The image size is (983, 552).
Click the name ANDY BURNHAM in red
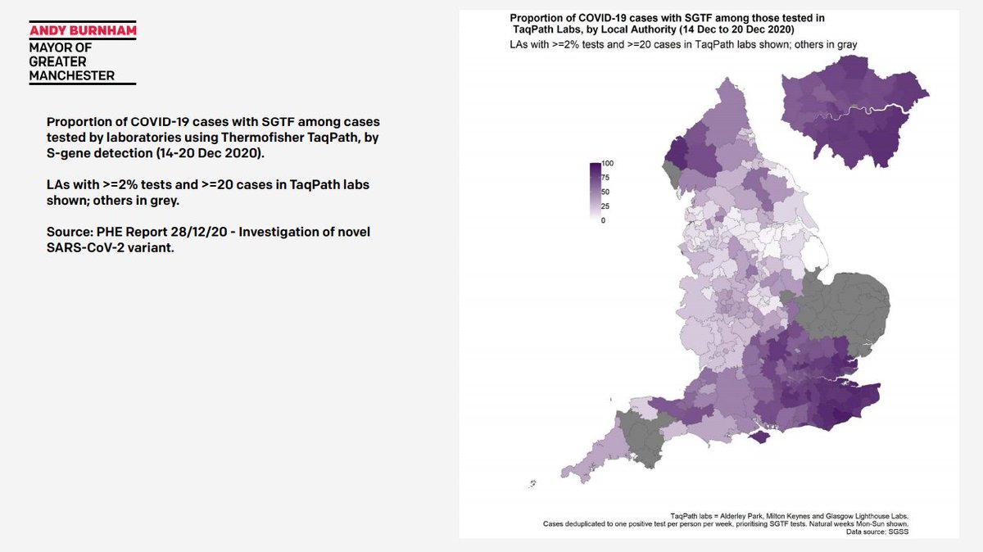tap(82, 31)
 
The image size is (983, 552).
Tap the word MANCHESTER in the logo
tap(71, 75)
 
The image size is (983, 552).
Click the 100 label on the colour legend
tap(608, 164)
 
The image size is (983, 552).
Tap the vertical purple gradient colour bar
tap(595, 191)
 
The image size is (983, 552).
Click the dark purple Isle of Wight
tap(761, 438)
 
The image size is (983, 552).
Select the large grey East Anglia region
tap(844, 307)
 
